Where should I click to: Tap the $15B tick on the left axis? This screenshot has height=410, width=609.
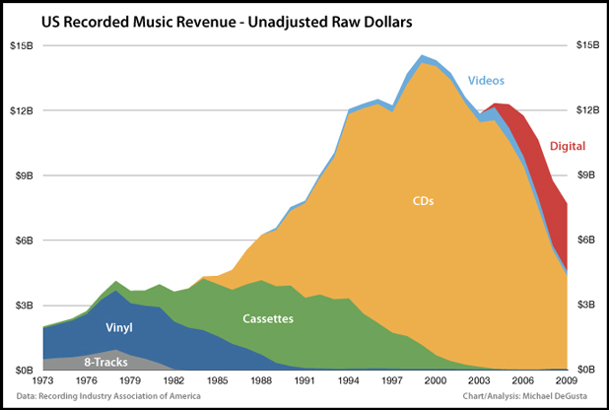(21, 45)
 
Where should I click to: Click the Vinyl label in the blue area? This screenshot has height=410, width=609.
(119, 325)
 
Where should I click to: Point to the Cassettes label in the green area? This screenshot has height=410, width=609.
(269, 318)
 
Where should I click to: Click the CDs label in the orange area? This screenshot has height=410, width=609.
(423, 201)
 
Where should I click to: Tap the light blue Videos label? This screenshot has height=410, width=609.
(488, 80)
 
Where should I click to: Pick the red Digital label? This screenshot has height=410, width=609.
(568, 147)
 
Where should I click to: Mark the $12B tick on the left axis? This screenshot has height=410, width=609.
(21, 110)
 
